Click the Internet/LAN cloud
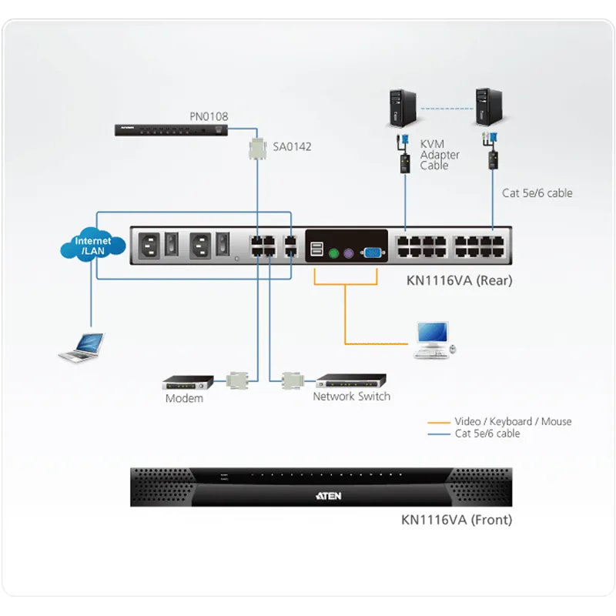click(93, 245)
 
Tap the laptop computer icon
click(82, 347)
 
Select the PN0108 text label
click(209, 116)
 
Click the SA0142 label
click(292, 146)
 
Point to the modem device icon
click(188, 382)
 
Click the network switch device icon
click(351, 380)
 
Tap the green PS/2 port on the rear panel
click(333, 253)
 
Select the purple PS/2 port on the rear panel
click(349, 253)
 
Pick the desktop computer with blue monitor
click(434, 340)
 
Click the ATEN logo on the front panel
click(329, 496)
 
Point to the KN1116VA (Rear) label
click(459, 280)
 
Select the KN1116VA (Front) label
click(457, 520)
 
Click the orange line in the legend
click(439, 423)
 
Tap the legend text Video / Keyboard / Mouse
click(513, 421)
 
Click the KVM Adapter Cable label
click(440, 155)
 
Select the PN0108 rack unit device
click(171, 130)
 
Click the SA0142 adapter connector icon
click(258, 149)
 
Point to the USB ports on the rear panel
click(316, 249)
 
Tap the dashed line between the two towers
click(447, 109)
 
